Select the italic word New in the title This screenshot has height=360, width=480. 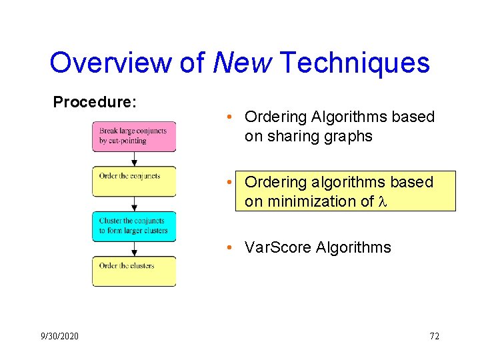[243, 63]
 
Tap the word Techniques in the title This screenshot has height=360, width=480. [355, 63]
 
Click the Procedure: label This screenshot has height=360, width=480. [95, 102]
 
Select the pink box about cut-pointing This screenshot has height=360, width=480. [134, 137]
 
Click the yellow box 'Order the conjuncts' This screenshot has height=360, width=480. [134, 181]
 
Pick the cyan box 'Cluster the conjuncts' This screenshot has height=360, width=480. [134, 226]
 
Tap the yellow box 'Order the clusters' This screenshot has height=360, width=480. [134, 271]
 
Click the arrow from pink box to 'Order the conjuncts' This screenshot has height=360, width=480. [134, 159]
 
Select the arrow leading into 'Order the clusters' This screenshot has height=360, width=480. [134, 249]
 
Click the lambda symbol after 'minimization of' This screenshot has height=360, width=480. [383, 201]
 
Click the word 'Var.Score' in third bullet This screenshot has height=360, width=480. [279, 247]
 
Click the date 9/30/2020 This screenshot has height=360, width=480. [59, 336]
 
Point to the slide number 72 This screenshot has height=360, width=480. [434, 336]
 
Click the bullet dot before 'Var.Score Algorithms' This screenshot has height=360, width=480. [228, 247]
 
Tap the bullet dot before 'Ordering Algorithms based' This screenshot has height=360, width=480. [228, 117]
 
